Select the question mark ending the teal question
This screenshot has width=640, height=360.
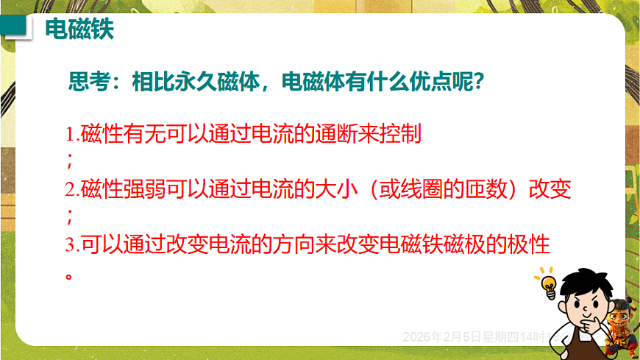click(x=478, y=80)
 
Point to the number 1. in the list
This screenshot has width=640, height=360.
click(x=72, y=135)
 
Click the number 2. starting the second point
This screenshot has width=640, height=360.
click(x=72, y=189)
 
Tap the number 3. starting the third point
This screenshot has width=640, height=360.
click(x=72, y=244)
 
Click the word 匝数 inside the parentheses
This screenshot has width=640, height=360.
click(x=484, y=189)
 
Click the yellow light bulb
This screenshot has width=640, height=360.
click(x=548, y=283)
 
